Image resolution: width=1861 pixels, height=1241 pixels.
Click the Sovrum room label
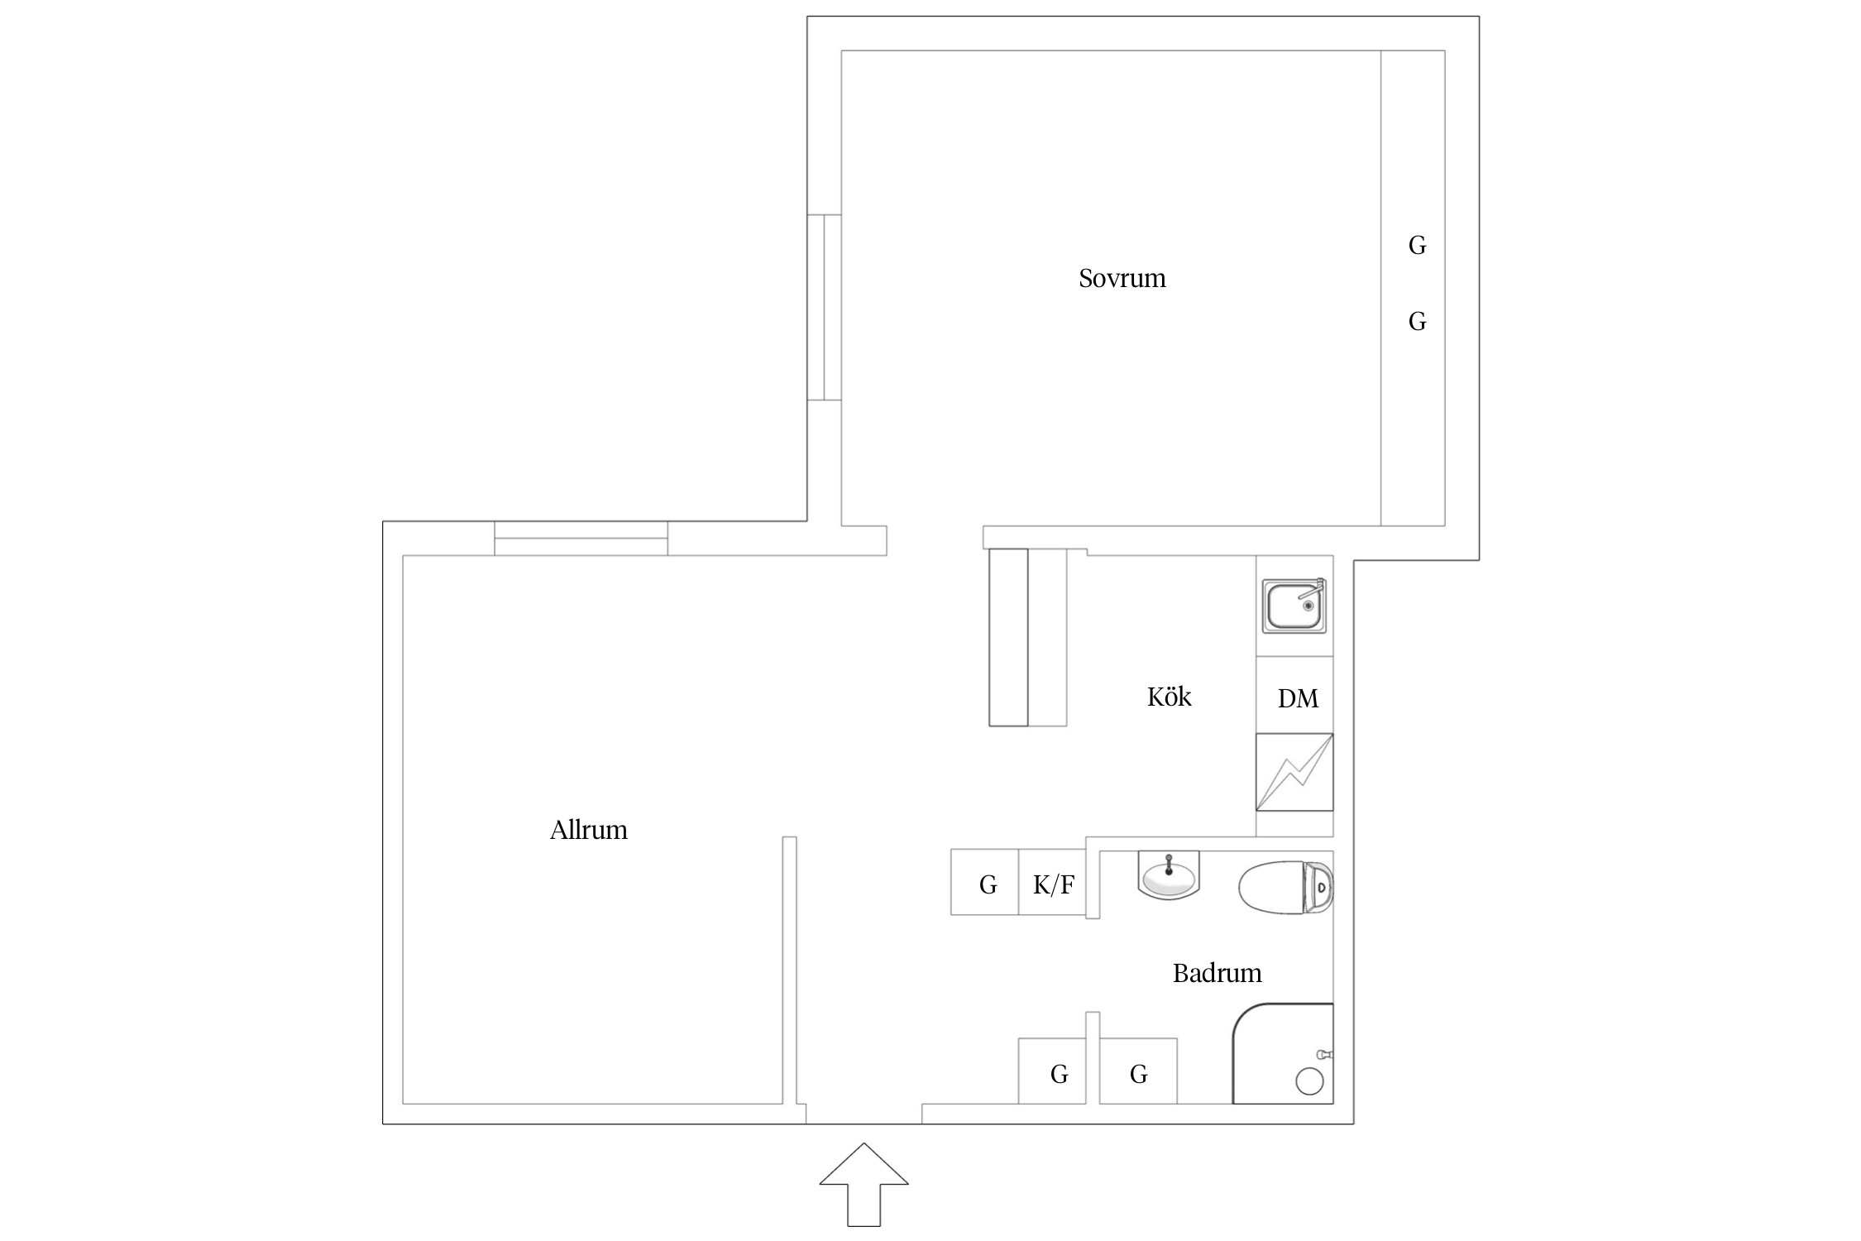(x=1122, y=278)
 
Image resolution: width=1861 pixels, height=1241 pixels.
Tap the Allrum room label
(x=589, y=830)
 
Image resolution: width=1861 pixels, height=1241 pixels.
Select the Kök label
(x=1169, y=697)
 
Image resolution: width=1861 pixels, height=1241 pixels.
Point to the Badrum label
(x=1217, y=973)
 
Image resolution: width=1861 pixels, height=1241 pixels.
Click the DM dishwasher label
(x=1298, y=699)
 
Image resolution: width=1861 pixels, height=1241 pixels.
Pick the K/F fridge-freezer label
(x=1054, y=885)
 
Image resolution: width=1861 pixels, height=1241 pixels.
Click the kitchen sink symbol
(x=1294, y=606)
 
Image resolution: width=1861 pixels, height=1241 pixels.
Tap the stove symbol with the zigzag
(x=1294, y=773)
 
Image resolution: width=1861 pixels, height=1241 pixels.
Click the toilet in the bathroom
(x=1285, y=888)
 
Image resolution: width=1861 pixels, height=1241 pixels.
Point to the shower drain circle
(x=1309, y=1081)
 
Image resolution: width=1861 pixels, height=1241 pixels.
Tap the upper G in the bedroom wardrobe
(x=1417, y=246)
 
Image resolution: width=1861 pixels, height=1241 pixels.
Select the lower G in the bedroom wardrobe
(x=1417, y=322)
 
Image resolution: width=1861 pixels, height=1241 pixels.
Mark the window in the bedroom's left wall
(x=824, y=307)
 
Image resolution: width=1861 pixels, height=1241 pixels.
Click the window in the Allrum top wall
(x=581, y=539)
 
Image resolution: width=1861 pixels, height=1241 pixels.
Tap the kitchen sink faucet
(x=1313, y=590)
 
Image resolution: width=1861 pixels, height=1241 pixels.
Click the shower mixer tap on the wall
(x=1324, y=1055)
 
